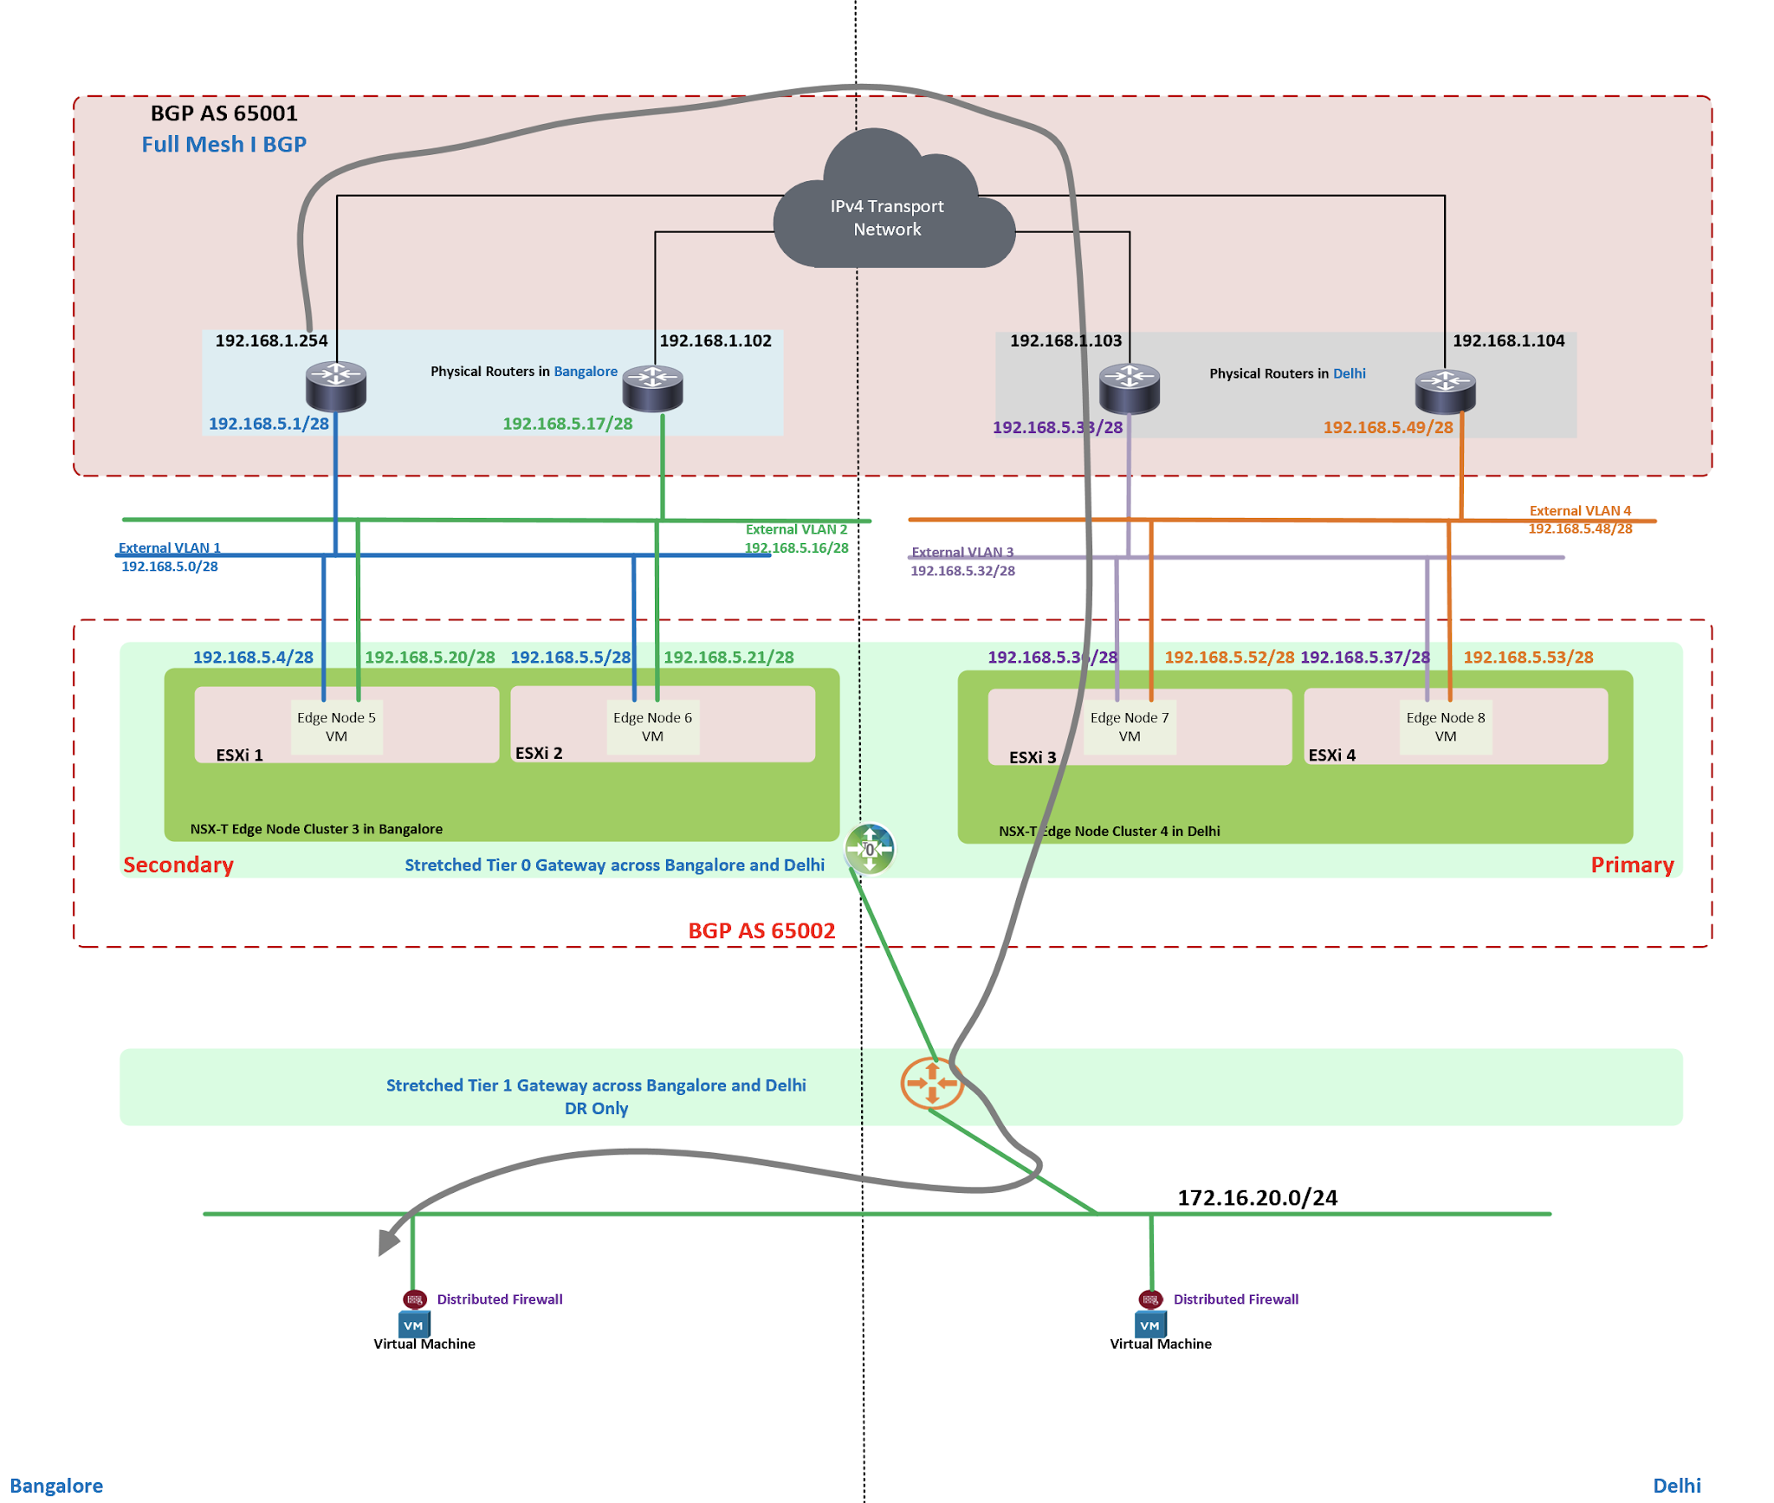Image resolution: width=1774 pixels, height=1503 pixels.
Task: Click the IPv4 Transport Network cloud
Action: pyautogui.click(x=891, y=212)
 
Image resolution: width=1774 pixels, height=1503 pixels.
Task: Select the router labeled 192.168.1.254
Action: pyautogui.click(x=336, y=386)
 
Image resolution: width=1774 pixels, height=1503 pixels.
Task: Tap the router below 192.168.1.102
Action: pyautogui.click(x=652, y=388)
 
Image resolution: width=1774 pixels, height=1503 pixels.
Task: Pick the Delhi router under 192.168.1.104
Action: pyautogui.click(x=1445, y=391)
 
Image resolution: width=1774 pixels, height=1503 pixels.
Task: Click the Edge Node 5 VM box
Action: pyautogui.click(x=336, y=727)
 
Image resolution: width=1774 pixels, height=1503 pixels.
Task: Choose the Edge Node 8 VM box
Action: pyautogui.click(x=1445, y=727)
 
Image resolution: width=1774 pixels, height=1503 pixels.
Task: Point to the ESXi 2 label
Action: pyautogui.click(x=539, y=753)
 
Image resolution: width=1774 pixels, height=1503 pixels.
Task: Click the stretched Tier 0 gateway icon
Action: pyautogui.click(x=870, y=849)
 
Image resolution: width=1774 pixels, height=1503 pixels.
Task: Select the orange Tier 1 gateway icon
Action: pyautogui.click(x=932, y=1083)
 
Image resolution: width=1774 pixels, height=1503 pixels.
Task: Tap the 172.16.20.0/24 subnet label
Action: pyautogui.click(x=1257, y=1197)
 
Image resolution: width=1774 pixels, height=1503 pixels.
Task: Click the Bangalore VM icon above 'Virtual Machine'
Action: pyautogui.click(x=414, y=1324)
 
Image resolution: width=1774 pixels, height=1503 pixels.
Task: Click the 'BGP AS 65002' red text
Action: pyautogui.click(x=761, y=930)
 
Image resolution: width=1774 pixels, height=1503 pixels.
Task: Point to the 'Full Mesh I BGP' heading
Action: pyautogui.click(x=223, y=144)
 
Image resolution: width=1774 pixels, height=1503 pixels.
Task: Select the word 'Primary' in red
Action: pyautogui.click(x=1632, y=865)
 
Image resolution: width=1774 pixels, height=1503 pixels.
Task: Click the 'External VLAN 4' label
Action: pyautogui.click(x=1580, y=510)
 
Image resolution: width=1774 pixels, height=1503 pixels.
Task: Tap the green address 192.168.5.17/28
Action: pyautogui.click(x=567, y=424)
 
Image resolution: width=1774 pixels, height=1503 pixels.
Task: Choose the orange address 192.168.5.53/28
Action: pyautogui.click(x=1528, y=657)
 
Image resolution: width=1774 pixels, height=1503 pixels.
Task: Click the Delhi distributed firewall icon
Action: pyautogui.click(x=1150, y=1299)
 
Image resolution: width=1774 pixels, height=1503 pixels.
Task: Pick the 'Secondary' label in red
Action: pyautogui.click(x=178, y=865)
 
